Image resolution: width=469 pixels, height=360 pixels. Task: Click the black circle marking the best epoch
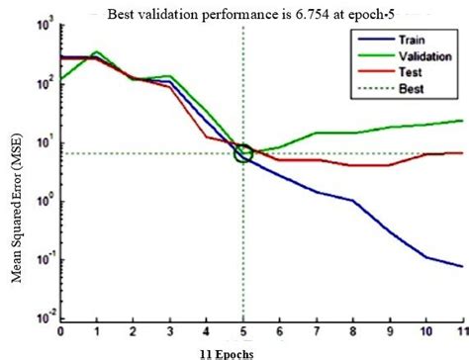point(243,153)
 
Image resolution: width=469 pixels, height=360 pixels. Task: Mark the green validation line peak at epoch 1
point(96,51)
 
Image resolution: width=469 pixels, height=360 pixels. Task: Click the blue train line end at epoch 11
point(462,266)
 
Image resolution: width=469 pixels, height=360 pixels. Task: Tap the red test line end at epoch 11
point(462,153)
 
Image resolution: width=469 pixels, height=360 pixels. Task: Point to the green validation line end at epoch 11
point(462,121)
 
